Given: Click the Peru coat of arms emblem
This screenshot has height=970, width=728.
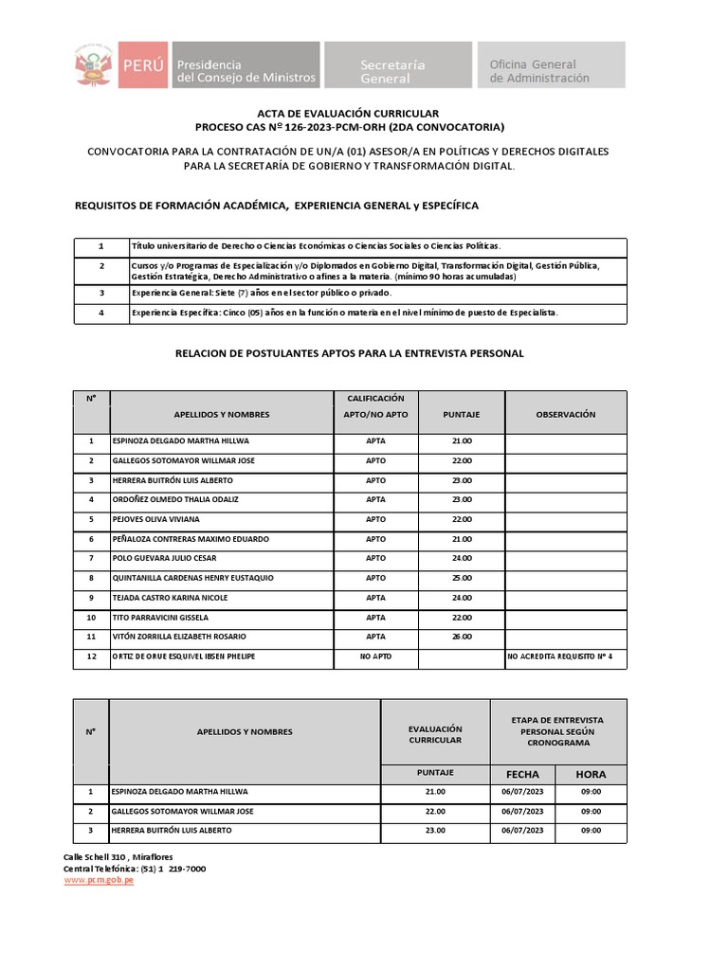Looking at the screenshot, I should click(93, 64).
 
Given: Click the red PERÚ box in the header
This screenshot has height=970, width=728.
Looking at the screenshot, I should click(140, 64).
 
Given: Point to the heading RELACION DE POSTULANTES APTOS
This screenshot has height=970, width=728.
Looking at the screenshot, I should click(349, 353).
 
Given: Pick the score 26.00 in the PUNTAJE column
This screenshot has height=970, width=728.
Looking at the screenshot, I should click(462, 637).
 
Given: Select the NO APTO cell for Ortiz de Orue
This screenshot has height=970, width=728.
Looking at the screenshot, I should click(375, 656).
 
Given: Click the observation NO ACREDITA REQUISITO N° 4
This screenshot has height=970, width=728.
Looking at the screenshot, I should click(566, 656).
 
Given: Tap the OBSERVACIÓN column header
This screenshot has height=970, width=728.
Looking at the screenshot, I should click(565, 414).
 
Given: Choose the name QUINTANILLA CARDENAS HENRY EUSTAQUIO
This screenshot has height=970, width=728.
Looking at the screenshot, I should click(192, 578).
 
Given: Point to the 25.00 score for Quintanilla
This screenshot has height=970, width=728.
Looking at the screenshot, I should click(462, 578).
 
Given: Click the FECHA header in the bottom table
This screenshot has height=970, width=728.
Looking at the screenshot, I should click(522, 774).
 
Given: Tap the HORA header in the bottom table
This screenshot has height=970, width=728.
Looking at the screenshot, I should click(591, 774).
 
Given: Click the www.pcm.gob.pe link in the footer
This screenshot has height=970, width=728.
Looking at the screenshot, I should click(99, 880).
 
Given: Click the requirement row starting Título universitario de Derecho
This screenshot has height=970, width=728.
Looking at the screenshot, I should click(317, 246).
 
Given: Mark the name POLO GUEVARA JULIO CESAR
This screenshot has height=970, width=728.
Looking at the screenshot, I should click(164, 558).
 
